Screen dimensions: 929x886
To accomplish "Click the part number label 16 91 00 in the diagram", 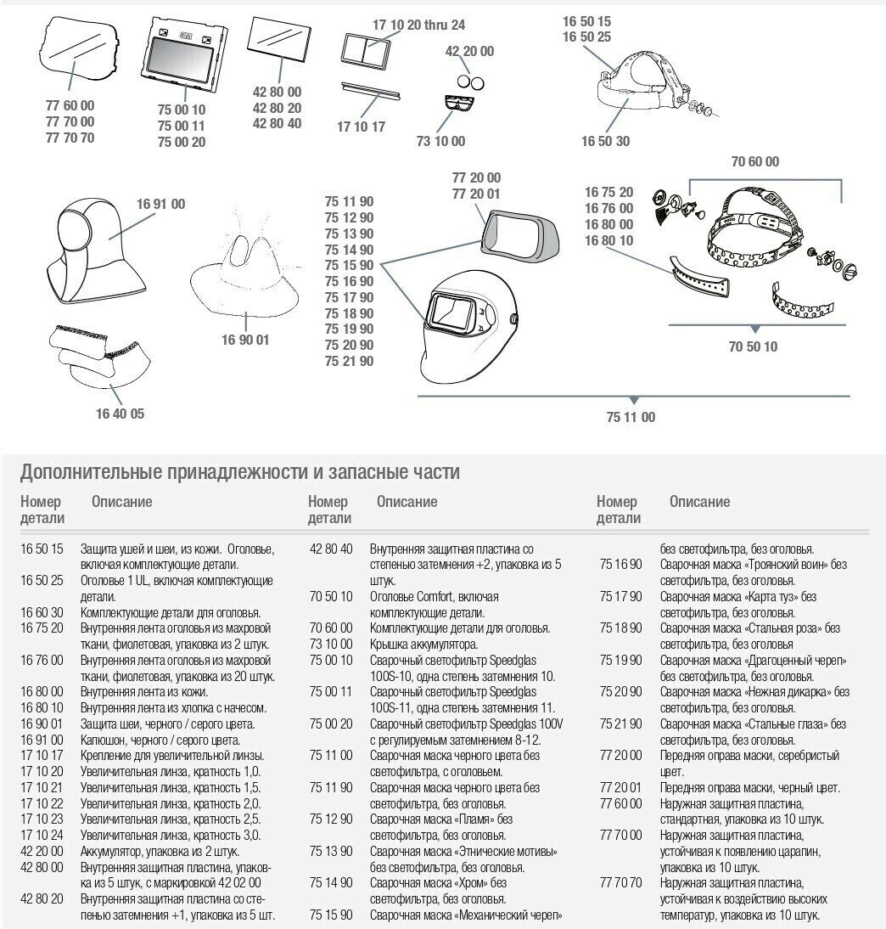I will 160,204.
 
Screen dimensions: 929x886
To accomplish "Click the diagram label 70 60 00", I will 754,161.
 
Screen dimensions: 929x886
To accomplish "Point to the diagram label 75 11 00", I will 631,417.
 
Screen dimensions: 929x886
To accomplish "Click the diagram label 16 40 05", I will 120,414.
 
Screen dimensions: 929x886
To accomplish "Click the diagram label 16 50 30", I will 605,141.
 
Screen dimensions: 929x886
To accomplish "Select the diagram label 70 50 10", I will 753,346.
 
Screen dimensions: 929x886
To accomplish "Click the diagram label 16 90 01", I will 245,340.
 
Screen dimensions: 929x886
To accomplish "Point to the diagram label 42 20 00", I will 469,51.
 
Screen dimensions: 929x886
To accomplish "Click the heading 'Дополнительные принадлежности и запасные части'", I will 240,471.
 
